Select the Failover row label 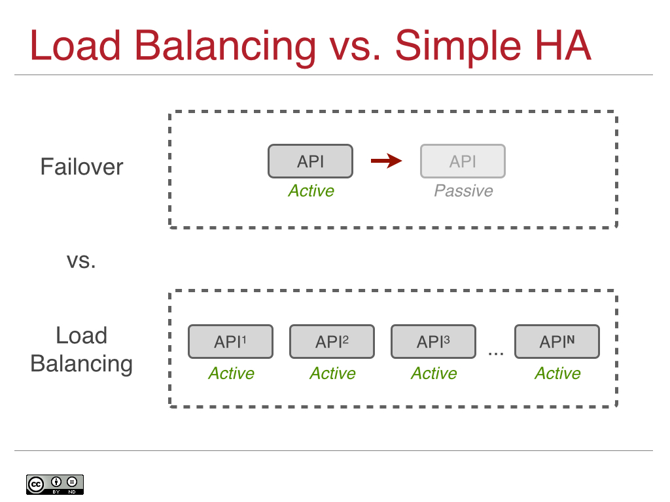point(82,167)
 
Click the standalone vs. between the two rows point(82,261)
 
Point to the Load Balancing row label point(82,350)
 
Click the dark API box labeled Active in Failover point(310,161)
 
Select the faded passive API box point(463,161)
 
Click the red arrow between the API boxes point(386,161)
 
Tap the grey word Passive point(463,191)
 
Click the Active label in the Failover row point(311,191)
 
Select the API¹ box point(230,342)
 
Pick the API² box point(332,342)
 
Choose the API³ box point(433,342)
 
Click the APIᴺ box point(557,342)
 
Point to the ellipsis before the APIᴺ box point(496,353)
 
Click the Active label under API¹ point(231,373)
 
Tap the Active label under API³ point(434,373)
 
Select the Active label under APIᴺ point(557,373)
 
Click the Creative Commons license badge point(55,484)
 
